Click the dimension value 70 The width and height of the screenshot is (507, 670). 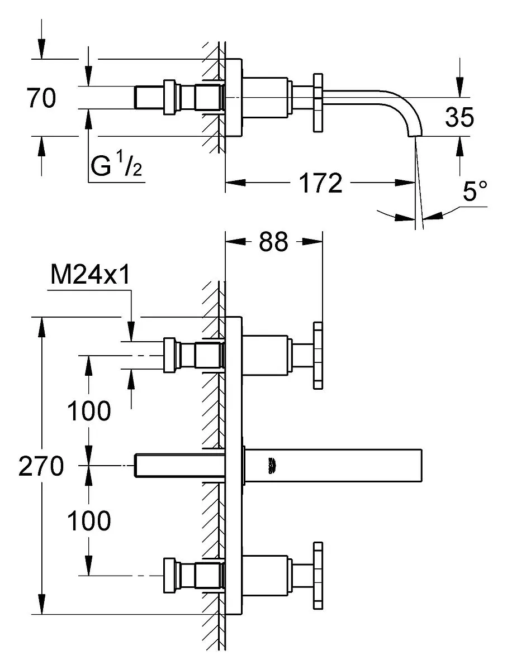pos(41,99)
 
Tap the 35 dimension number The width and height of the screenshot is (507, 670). pos(459,118)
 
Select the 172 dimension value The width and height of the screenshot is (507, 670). pos(320,183)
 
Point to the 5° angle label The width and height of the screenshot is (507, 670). pos(474,192)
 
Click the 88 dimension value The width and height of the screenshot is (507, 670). pos(273,242)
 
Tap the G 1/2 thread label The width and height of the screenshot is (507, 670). pos(116,166)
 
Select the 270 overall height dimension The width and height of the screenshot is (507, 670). pos(41,466)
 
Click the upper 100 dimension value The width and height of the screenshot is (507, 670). pos(89,412)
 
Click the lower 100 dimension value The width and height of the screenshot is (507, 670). pos(89,521)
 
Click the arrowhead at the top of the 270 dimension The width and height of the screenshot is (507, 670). pos(41,326)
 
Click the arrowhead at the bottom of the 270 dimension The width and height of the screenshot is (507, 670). pos(41,606)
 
